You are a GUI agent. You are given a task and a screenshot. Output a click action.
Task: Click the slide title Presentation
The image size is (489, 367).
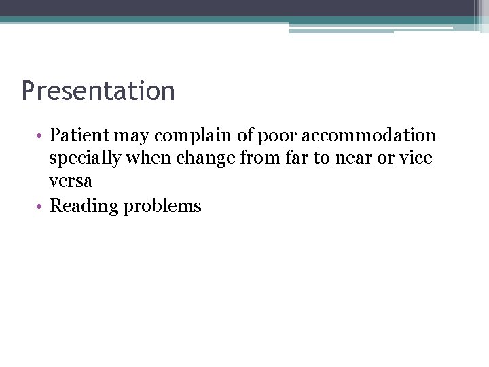point(98,91)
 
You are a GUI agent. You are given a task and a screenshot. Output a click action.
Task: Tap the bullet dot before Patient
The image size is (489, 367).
point(41,136)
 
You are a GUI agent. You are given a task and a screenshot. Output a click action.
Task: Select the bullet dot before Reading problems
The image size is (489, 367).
point(41,206)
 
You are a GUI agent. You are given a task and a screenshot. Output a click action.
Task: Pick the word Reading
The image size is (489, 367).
point(84,207)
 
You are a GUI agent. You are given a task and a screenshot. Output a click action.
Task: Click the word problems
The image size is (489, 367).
point(162,207)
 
